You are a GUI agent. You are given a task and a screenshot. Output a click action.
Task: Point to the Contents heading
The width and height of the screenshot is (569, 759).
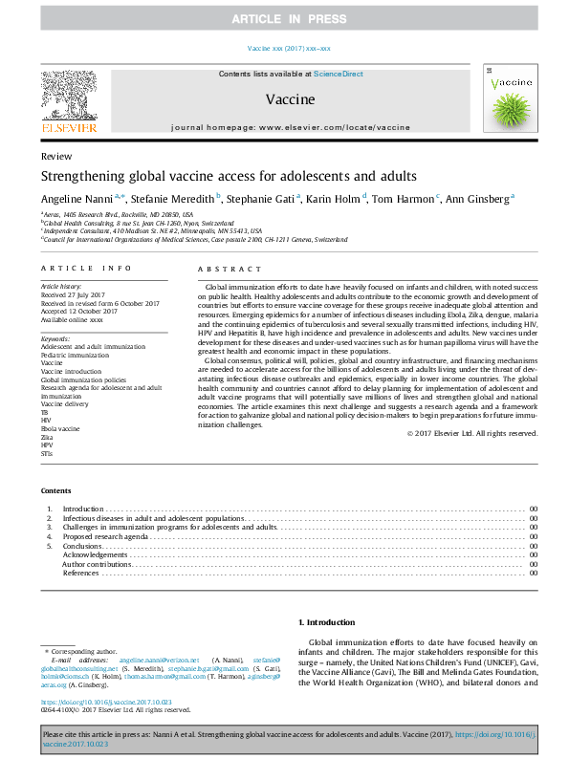click(56, 491)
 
